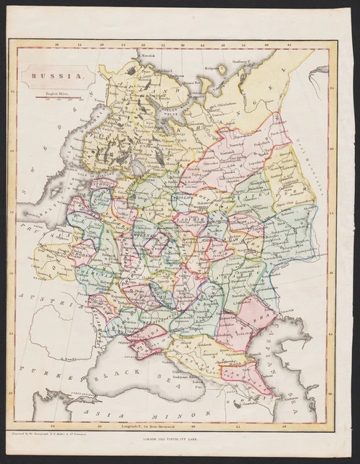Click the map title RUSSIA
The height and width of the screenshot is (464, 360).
click(x=50, y=74)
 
